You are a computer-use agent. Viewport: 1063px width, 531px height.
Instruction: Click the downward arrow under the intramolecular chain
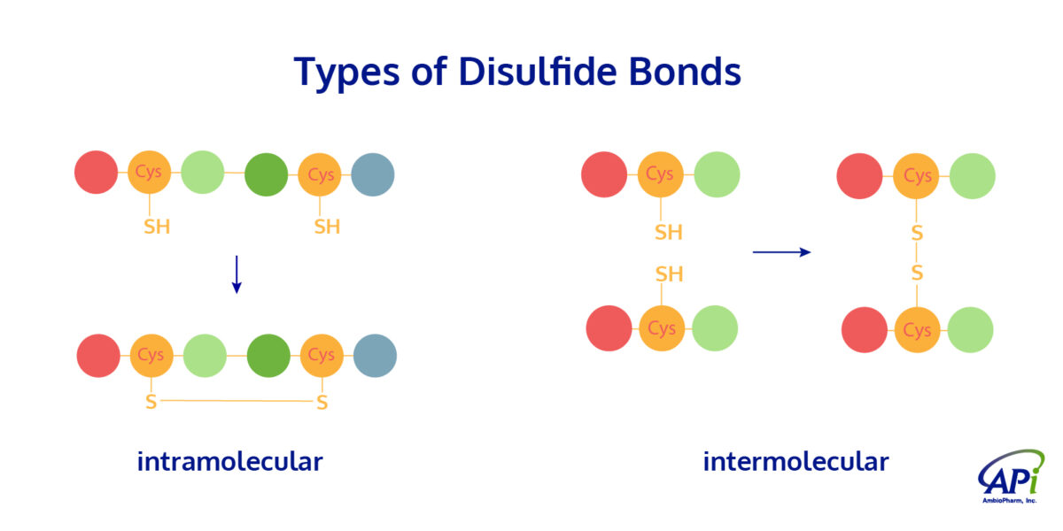pyautogui.click(x=237, y=274)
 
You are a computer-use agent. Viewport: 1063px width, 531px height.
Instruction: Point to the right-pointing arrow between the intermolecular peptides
pyautogui.click(x=781, y=252)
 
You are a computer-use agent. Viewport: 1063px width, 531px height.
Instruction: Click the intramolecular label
pyautogui.click(x=229, y=461)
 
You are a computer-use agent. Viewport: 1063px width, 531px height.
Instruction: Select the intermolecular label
pyautogui.click(x=795, y=461)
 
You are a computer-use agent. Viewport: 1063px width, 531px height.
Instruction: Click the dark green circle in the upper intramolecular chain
pyautogui.click(x=266, y=174)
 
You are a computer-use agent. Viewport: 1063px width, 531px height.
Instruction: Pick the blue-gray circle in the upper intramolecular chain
pyautogui.click(x=373, y=174)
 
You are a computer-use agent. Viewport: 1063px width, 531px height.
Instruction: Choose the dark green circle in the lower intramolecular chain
pyautogui.click(x=268, y=356)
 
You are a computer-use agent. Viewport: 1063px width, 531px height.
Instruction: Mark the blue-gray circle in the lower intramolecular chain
pyautogui.click(x=375, y=356)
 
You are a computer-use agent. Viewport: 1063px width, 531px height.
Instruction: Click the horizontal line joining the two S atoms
pyautogui.click(x=237, y=402)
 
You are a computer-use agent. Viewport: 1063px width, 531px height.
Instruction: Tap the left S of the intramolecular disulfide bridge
pyautogui.click(x=151, y=403)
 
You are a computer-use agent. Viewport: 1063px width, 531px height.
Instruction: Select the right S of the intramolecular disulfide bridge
pyautogui.click(x=322, y=404)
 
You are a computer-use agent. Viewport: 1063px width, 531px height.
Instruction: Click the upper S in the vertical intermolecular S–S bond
pyautogui.click(x=917, y=234)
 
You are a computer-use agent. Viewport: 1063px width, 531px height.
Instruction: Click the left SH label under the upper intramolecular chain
pyautogui.click(x=157, y=227)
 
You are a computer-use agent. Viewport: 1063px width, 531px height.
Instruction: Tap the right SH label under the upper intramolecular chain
pyautogui.click(x=327, y=227)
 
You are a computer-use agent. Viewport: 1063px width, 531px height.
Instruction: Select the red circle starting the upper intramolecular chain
pyautogui.click(x=96, y=173)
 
